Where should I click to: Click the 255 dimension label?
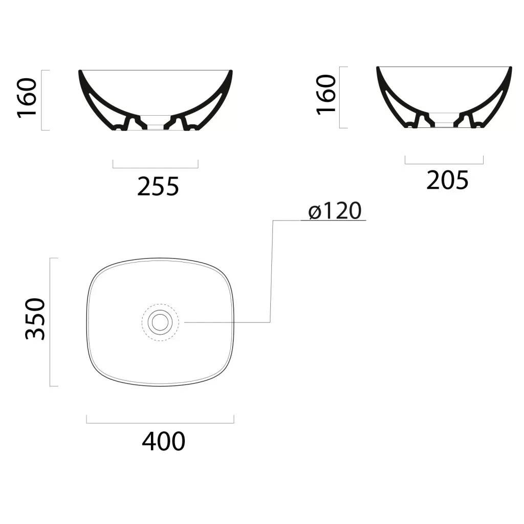[x=158, y=186]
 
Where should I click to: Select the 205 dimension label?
[x=447, y=180]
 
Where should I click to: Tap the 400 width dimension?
[x=163, y=441]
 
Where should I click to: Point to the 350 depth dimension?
[x=35, y=319]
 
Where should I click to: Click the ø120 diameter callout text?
[x=335, y=210]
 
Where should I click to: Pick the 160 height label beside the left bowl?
[x=27, y=98]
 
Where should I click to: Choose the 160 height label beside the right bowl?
[x=326, y=95]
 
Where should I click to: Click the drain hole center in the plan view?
[x=160, y=322]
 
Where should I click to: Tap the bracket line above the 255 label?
[x=156, y=168]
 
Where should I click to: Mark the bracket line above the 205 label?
[x=444, y=164]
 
